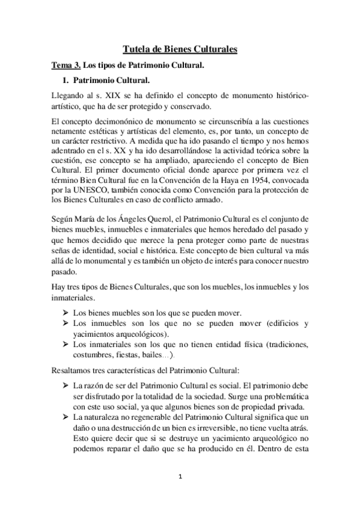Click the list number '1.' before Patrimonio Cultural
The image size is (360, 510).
point(67,80)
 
